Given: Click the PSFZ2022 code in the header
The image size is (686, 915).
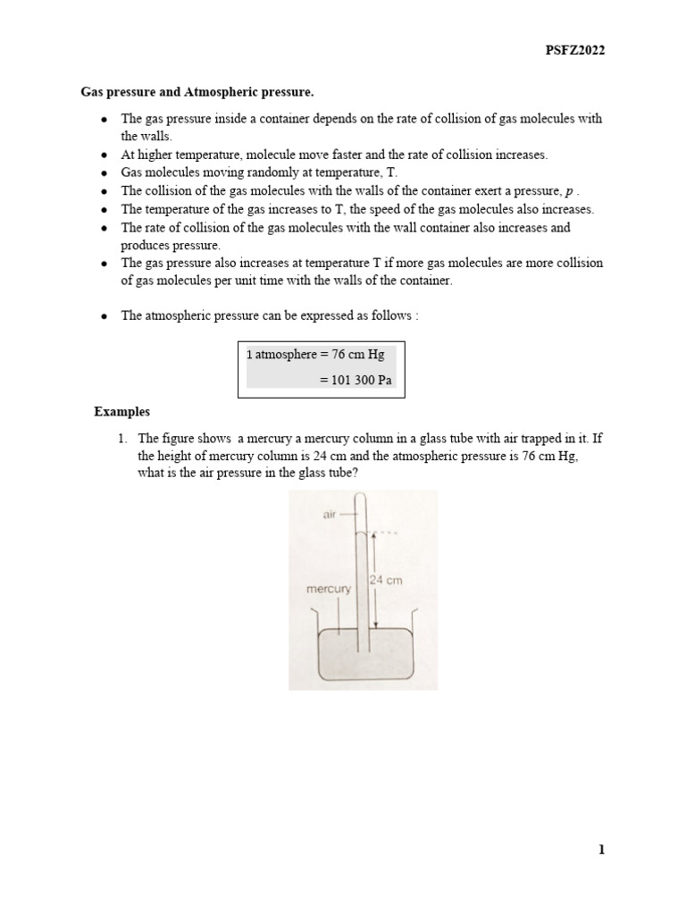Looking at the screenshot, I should pyautogui.click(x=575, y=51).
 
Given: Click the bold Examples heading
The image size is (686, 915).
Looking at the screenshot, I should pyautogui.click(x=122, y=412).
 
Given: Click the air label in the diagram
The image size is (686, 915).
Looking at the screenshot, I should pyautogui.click(x=325, y=516).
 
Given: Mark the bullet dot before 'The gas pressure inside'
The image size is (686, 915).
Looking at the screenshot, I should pyautogui.click(x=105, y=120).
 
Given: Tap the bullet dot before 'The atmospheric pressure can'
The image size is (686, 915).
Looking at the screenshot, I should pyautogui.click(x=105, y=316).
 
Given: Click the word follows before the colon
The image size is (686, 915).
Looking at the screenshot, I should pyautogui.click(x=387, y=315).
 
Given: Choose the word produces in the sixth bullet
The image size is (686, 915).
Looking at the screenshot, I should pyautogui.click(x=146, y=245).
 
